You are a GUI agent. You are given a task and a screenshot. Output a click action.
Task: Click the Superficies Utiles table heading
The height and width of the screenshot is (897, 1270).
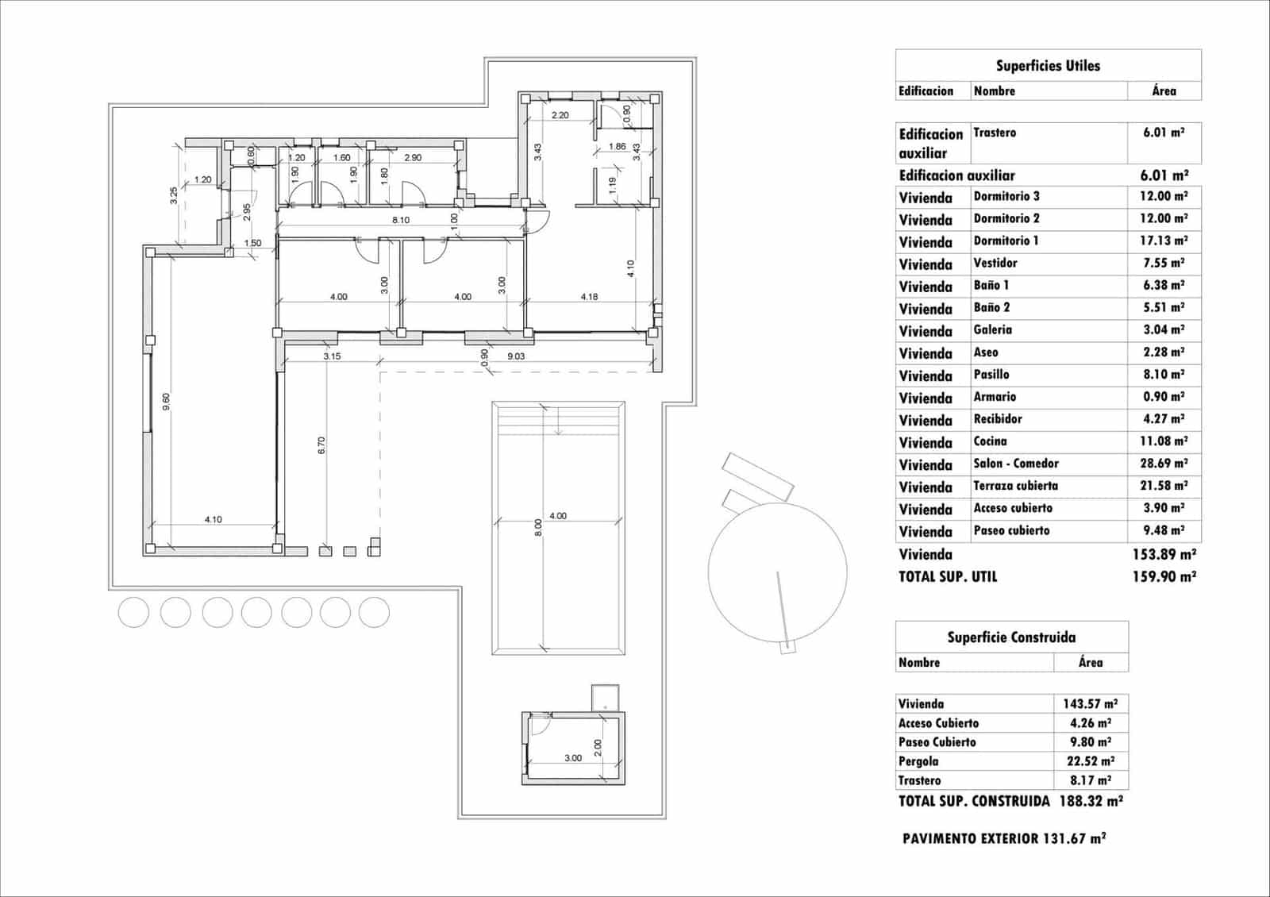pos(1048,66)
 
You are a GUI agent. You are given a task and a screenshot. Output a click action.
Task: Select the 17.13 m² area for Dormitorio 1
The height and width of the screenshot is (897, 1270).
pos(1164,241)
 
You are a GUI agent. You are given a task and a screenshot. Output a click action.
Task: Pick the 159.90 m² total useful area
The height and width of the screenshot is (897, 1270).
pos(1164,577)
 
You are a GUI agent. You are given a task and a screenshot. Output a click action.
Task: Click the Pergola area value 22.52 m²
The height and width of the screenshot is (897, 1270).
pos(1090,761)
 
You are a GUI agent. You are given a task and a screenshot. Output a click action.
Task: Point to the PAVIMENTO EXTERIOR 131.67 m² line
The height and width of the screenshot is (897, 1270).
pos(1004,838)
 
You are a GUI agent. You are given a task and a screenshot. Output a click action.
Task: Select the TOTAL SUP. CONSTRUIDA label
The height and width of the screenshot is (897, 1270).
pos(974,802)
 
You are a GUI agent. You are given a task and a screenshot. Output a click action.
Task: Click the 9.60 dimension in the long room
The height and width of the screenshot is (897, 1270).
pos(166,402)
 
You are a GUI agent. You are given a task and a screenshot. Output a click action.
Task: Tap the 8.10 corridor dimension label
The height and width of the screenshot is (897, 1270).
pos(401,220)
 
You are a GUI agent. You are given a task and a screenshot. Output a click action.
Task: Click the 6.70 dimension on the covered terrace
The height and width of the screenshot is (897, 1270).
pos(321,445)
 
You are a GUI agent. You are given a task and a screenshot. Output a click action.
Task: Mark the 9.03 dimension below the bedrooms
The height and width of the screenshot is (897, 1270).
pos(516,356)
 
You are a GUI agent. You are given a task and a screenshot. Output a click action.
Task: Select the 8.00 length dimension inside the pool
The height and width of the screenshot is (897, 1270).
pos(538,528)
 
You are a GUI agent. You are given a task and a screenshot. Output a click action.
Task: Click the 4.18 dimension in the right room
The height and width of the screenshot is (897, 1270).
pos(589,297)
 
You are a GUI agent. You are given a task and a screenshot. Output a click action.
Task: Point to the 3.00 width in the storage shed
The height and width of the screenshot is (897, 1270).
pos(573,758)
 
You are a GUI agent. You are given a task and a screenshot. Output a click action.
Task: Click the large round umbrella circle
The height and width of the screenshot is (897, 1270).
pos(777,572)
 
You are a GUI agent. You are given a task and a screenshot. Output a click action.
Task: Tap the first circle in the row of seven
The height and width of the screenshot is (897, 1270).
pos(133,613)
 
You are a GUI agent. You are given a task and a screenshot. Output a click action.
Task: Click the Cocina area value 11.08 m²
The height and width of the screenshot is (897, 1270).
pos(1164,441)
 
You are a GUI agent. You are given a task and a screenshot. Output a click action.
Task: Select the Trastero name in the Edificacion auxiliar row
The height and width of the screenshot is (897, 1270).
pos(995,133)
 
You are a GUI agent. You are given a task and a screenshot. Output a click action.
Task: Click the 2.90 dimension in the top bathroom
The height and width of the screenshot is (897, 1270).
pos(413,158)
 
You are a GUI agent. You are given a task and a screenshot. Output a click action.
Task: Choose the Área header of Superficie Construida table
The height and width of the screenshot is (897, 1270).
pos(1091,663)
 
